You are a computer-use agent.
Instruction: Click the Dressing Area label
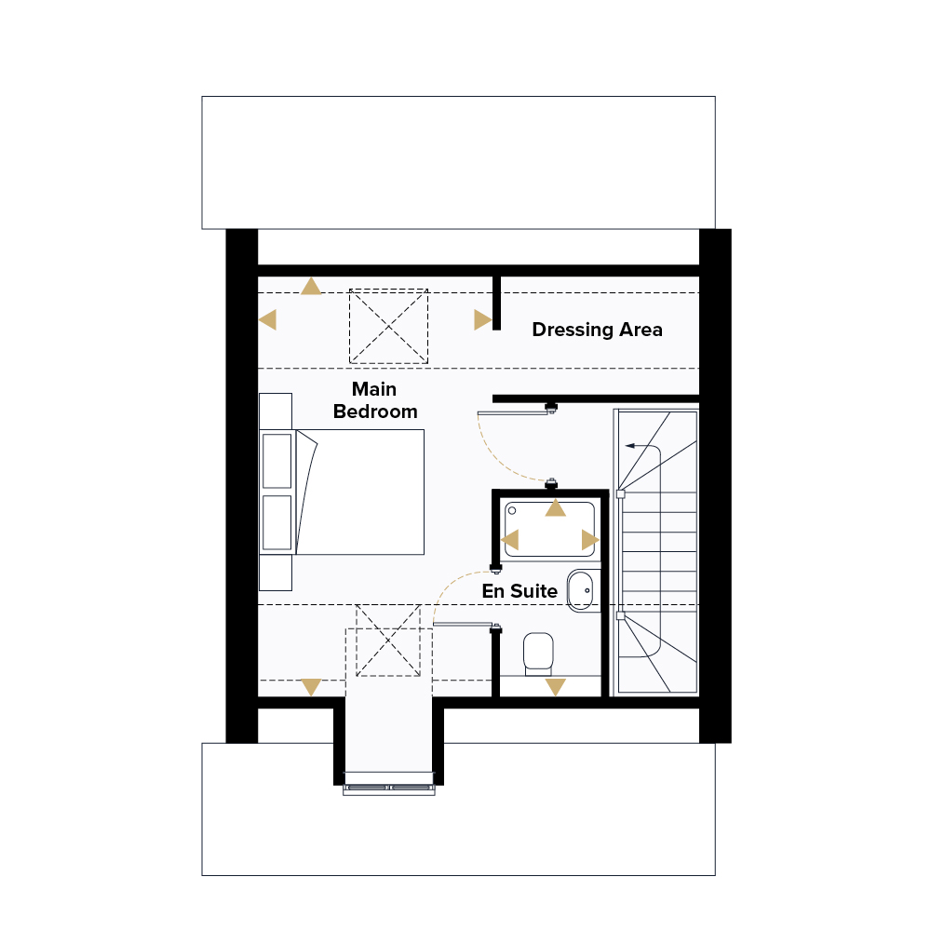tap(597, 330)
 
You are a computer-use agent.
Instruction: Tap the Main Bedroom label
tap(375, 400)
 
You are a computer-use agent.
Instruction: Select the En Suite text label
tap(519, 591)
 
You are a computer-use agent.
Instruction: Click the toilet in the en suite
tap(538, 654)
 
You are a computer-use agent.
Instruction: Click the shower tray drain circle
tap(512, 510)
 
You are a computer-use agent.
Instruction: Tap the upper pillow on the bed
tap(277, 462)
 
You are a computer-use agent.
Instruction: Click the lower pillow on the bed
tap(277, 522)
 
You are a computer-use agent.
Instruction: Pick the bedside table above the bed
tap(276, 411)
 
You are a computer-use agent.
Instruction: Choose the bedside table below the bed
tap(276, 573)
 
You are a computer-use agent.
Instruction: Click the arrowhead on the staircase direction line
tap(629, 445)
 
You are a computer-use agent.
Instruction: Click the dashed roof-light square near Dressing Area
tap(388, 326)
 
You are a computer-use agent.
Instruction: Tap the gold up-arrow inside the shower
tap(555, 508)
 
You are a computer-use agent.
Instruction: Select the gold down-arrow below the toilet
tap(555, 687)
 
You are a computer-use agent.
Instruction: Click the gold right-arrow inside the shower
tap(590, 540)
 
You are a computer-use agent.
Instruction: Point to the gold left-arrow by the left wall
tap(268, 319)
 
